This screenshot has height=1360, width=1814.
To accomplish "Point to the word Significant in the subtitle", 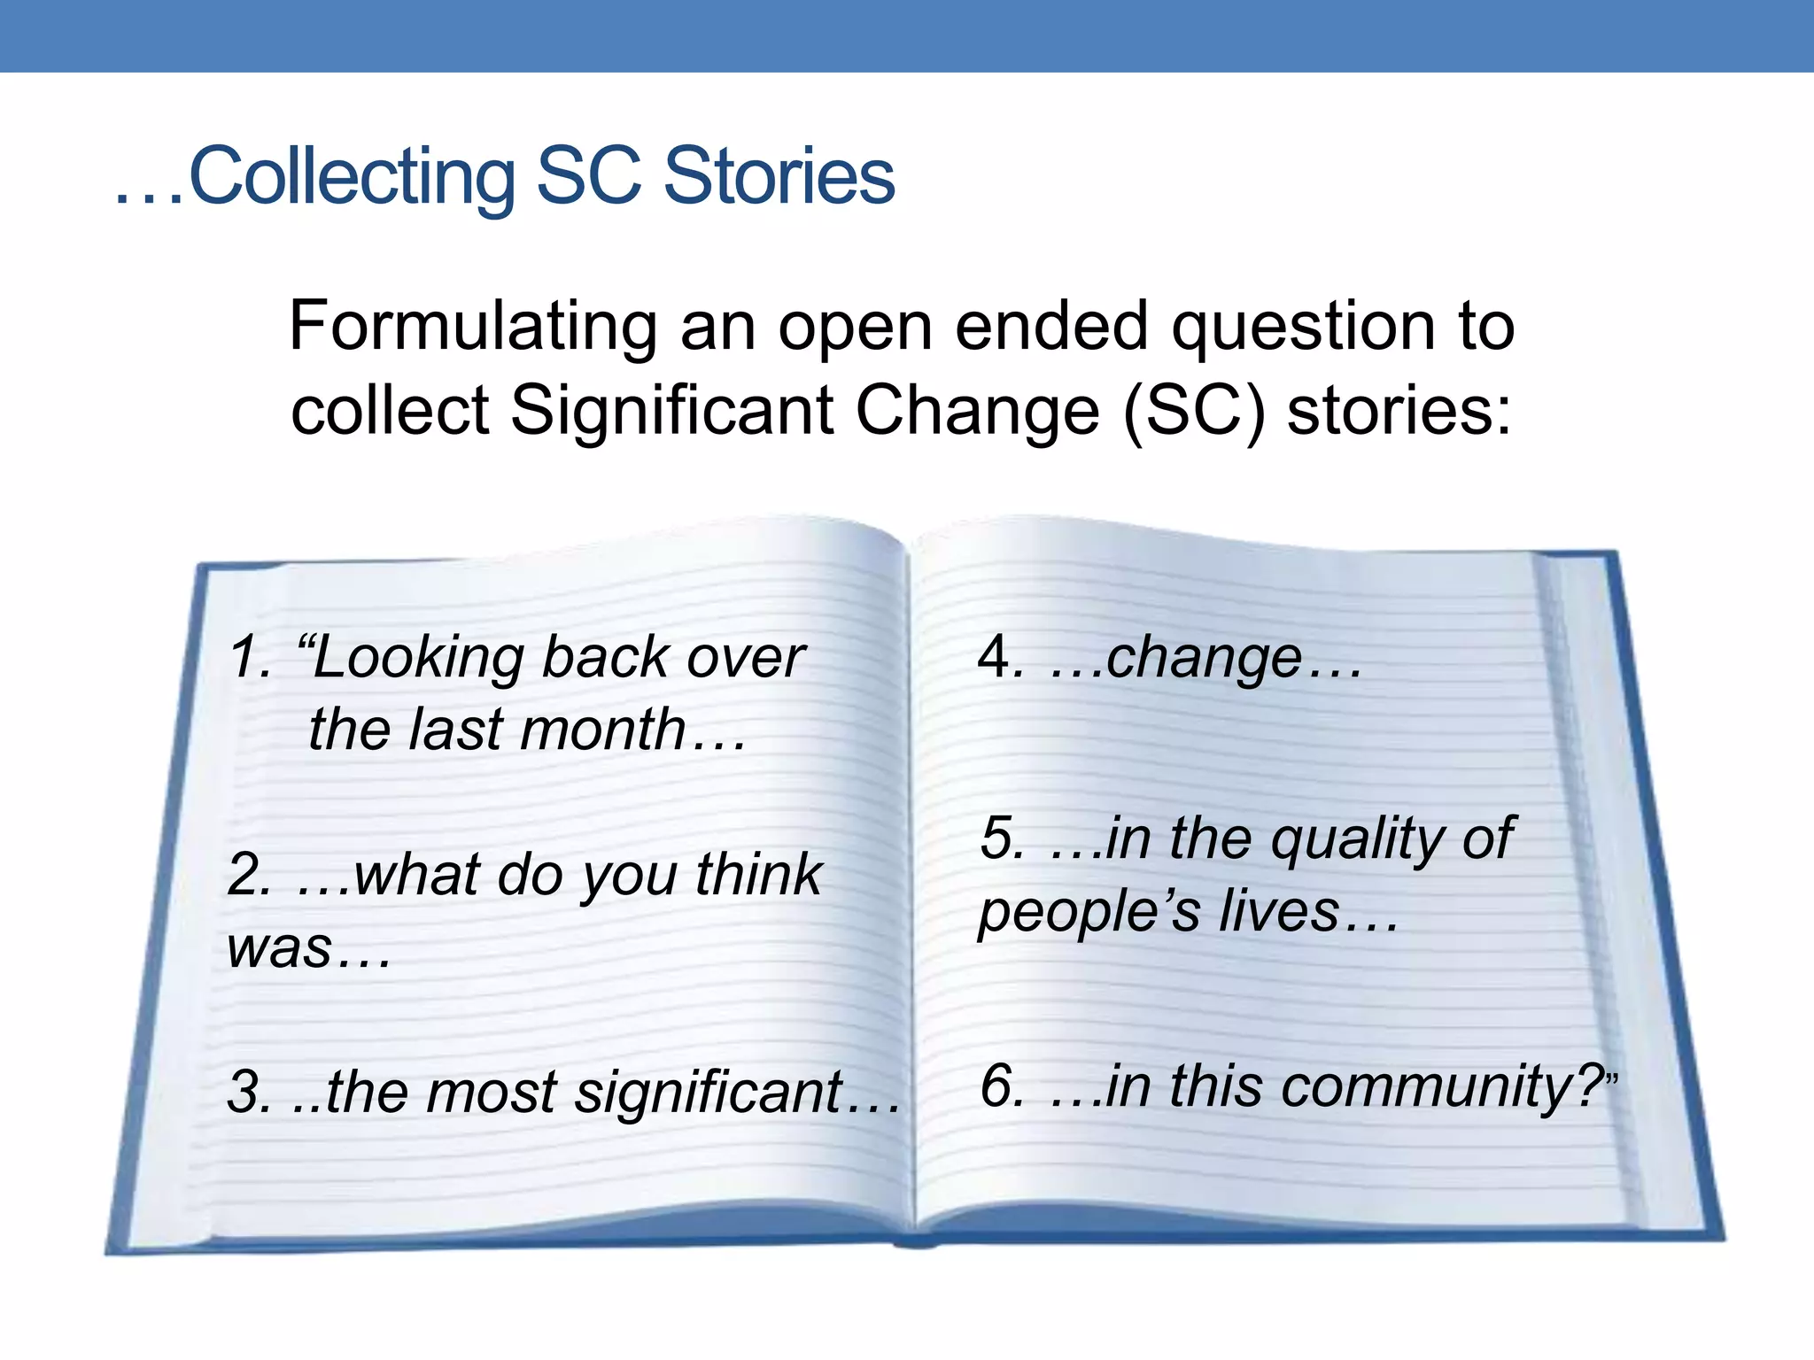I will tap(672, 411).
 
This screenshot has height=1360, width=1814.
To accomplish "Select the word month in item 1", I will tap(603, 730).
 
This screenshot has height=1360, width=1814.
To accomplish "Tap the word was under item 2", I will tap(280, 947).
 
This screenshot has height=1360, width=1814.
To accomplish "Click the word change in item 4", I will tap(1204, 660).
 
